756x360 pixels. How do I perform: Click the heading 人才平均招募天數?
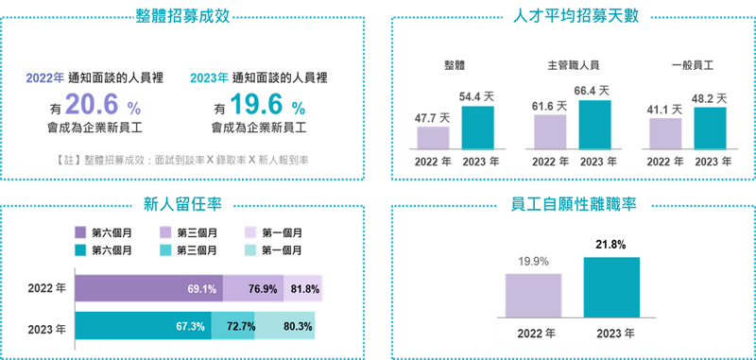tap(574, 16)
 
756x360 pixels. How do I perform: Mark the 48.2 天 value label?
tap(709, 97)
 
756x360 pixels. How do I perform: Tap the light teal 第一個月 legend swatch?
tap(252, 250)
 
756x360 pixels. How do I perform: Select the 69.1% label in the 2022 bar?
tap(203, 289)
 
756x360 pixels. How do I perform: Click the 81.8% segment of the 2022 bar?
tap(304, 289)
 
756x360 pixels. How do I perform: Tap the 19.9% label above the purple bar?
tap(532, 262)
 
